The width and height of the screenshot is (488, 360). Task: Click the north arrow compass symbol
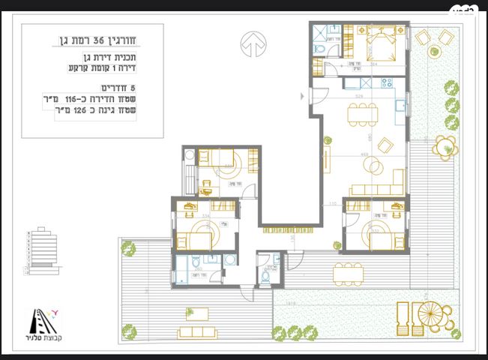click(253, 44)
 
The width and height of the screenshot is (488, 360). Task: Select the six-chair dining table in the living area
click(362, 115)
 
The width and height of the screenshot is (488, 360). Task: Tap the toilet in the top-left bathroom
click(318, 49)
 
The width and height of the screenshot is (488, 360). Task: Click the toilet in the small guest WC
click(265, 276)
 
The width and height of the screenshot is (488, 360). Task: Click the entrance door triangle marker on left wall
click(303, 95)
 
